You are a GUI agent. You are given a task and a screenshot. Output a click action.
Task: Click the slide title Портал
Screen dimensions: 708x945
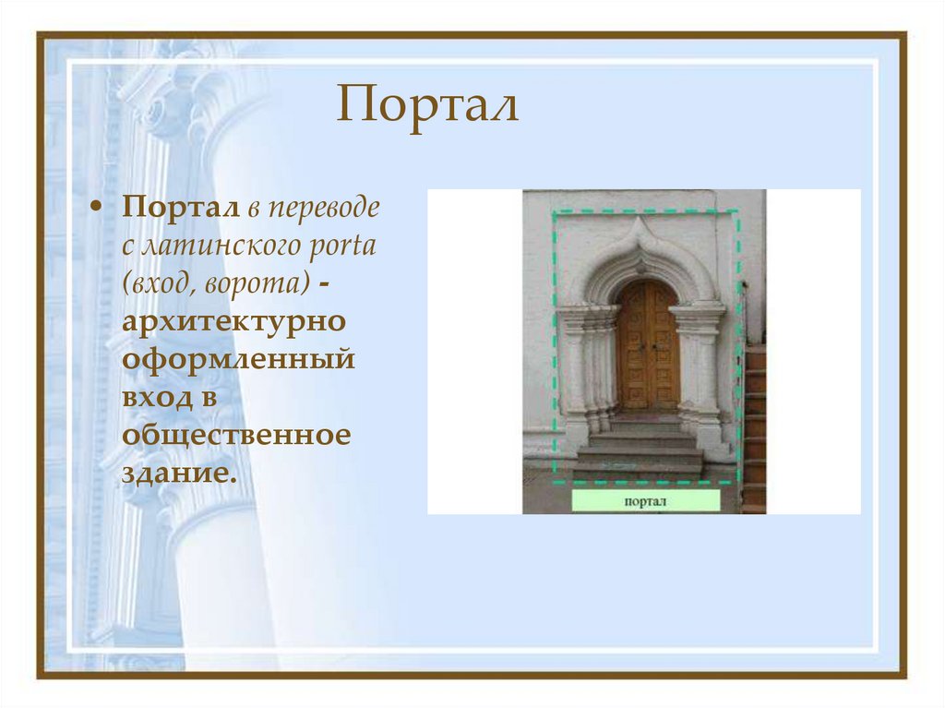point(427,104)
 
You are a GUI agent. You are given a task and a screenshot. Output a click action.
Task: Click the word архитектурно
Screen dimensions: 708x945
point(234,323)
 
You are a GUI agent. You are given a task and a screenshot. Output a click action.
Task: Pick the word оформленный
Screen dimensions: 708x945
point(238,360)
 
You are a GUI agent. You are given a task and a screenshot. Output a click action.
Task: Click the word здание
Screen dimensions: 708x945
point(173,473)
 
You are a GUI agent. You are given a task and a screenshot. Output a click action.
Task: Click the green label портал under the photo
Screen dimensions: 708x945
point(645,502)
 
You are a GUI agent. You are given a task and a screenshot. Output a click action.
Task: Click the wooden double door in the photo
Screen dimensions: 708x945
point(647,345)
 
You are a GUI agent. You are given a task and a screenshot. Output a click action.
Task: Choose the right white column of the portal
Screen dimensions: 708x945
point(699,369)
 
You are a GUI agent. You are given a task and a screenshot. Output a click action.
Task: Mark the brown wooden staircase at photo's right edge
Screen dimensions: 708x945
point(754,425)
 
